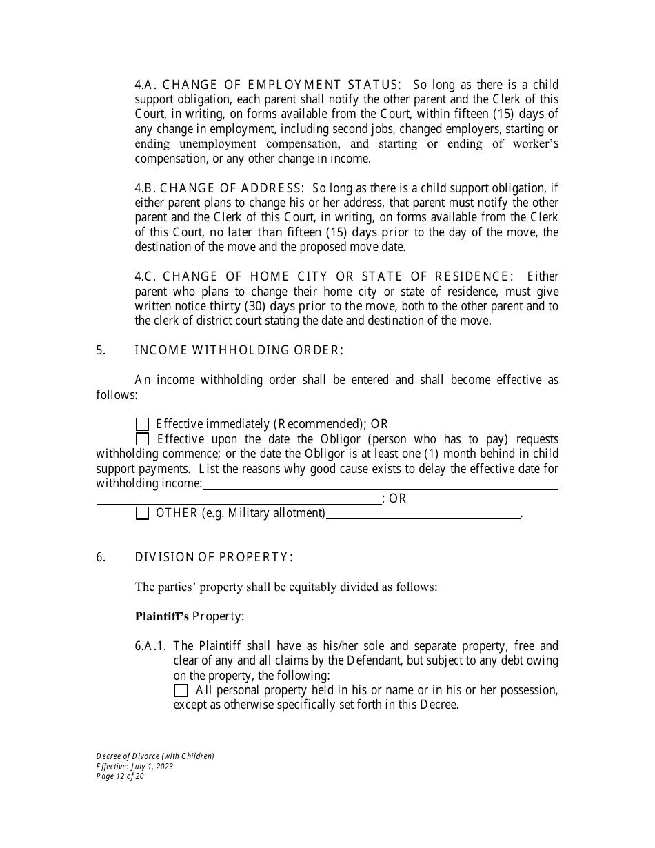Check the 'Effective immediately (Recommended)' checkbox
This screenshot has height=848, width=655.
click(x=143, y=425)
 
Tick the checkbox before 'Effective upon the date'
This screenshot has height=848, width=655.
click(x=143, y=439)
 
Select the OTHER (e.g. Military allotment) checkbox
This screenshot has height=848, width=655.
click(x=143, y=513)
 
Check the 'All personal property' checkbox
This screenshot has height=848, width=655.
click(x=181, y=690)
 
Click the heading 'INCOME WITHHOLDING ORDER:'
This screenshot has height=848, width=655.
click(x=239, y=350)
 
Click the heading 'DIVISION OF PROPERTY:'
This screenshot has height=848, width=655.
click(x=214, y=557)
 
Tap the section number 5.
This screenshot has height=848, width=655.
click(x=101, y=350)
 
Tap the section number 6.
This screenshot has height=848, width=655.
click(x=101, y=557)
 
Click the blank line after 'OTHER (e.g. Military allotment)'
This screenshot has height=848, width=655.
click(x=423, y=514)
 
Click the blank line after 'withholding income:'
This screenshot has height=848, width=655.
click(x=381, y=485)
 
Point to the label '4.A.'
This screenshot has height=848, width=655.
click(x=146, y=85)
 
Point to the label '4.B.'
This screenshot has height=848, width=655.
click(x=146, y=188)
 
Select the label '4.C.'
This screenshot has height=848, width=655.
click(x=146, y=276)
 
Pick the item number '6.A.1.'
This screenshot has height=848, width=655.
click(x=152, y=646)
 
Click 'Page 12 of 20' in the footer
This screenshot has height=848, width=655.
click(x=121, y=776)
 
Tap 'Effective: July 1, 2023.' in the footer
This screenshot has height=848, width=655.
click(x=136, y=766)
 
